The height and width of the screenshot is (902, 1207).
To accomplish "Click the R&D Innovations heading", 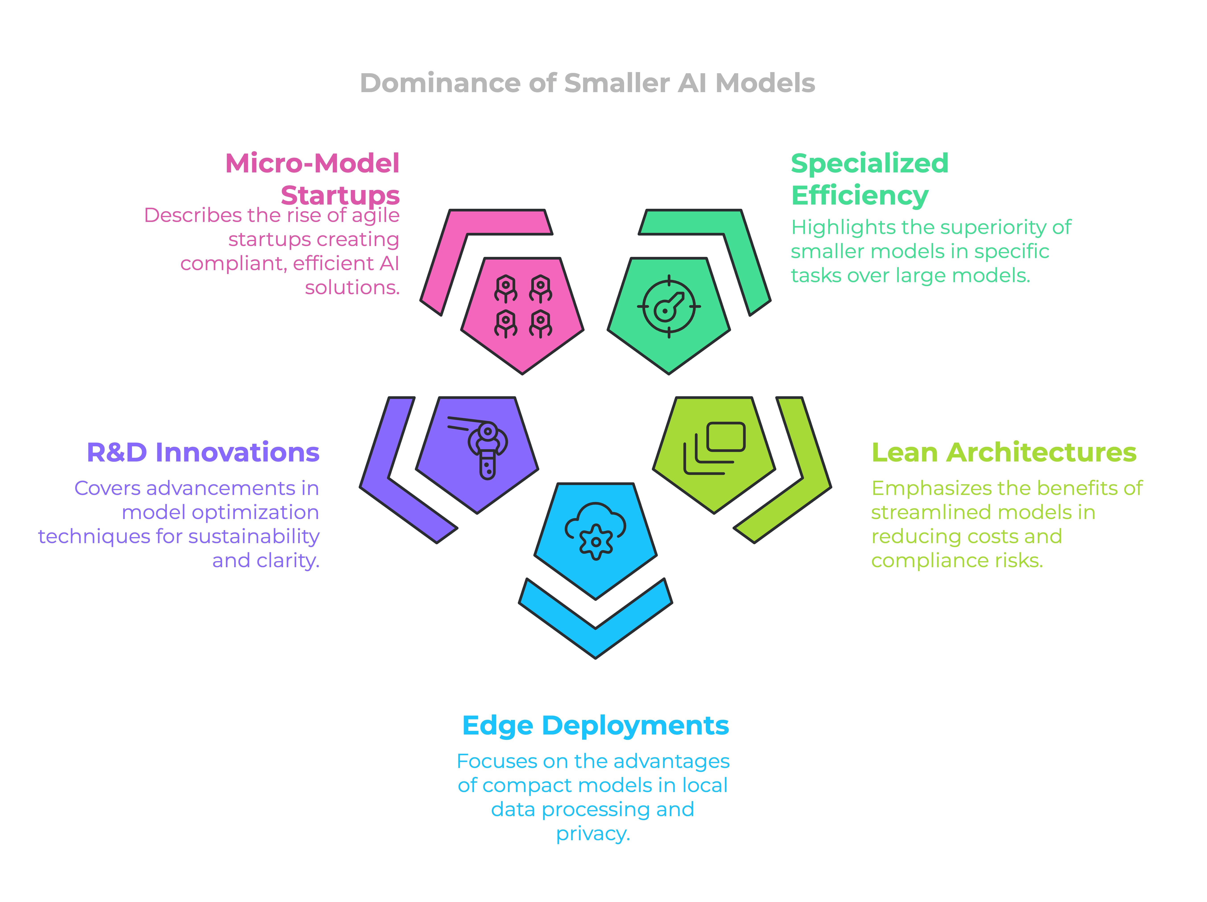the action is [203, 452].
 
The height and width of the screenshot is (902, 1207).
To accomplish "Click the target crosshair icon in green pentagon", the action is [668, 307].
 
